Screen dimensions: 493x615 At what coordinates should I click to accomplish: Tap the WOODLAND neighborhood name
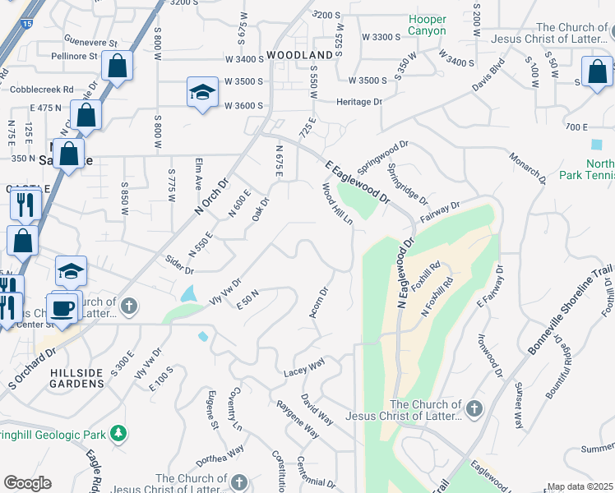[300, 54]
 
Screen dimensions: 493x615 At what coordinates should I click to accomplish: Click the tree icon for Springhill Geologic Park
[119, 432]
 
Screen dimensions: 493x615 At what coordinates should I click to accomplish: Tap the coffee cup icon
[64, 309]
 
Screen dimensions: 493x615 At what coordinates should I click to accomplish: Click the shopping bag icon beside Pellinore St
[118, 66]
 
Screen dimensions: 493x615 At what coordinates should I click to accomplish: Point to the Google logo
[26, 483]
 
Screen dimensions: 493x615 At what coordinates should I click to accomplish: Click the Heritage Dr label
[359, 102]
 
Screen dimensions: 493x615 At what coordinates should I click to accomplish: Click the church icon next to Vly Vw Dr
[128, 306]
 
